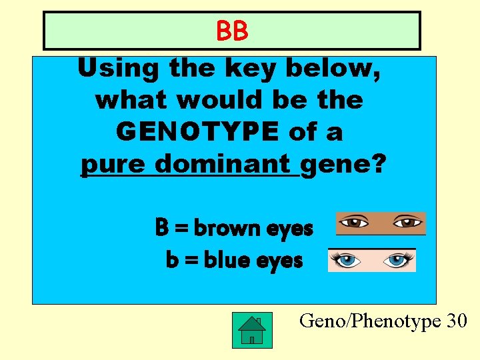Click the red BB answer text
pyautogui.click(x=232, y=31)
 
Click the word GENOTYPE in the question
pyautogui.click(x=196, y=132)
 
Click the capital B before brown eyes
pyautogui.click(x=161, y=228)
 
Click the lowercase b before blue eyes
pyautogui.click(x=172, y=259)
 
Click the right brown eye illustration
pyautogui.click(x=406, y=222)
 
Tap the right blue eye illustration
pyautogui.click(x=396, y=260)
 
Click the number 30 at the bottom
pyautogui.click(x=457, y=321)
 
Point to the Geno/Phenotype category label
pyautogui.click(x=370, y=321)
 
